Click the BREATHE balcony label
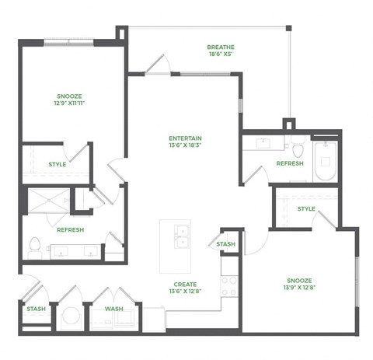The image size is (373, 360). pyautogui.click(x=221, y=47)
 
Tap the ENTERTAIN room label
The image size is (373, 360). pyautogui.click(x=186, y=138)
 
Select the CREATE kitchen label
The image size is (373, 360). pyautogui.click(x=185, y=285)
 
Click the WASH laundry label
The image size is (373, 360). pyautogui.click(x=113, y=309)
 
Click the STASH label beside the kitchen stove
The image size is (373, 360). pyautogui.click(x=225, y=245)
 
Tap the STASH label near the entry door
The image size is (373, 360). pyautogui.click(x=36, y=309)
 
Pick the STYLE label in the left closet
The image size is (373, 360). pyautogui.click(x=57, y=164)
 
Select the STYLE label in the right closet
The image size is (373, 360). pyautogui.click(x=306, y=208)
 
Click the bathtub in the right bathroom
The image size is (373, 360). pyautogui.click(x=325, y=161)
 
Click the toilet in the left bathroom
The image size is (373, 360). pyautogui.click(x=33, y=247)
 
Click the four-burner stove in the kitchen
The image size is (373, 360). pyautogui.click(x=228, y=286)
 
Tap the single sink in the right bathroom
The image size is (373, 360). pyautogui.click(x=261, y=142)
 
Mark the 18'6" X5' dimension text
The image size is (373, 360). pyautogui.click(x=221, y=54)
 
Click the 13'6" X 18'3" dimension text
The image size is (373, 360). pyautogui.click(x=186, y=146)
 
